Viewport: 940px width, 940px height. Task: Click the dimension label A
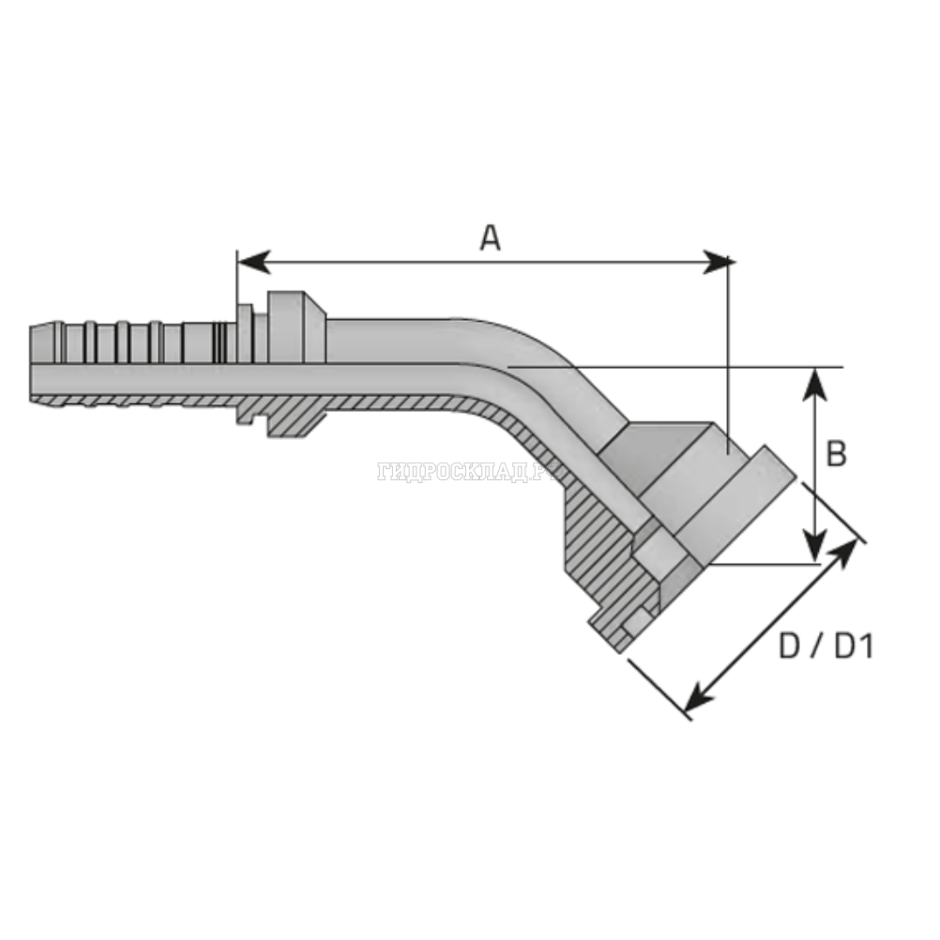pos(490,238)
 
